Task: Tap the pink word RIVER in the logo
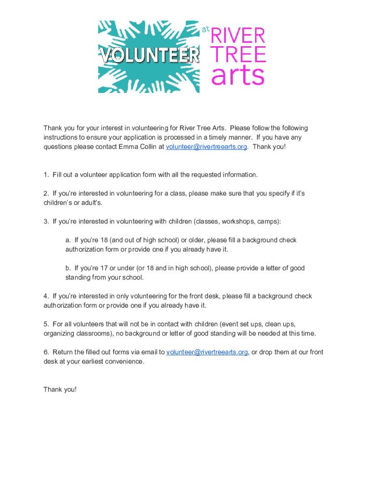click(x=238, y=36)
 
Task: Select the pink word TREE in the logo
click(x=238, y=55)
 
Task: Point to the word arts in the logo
click(x=238, y=76)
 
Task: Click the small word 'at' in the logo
click(x=206, y=30)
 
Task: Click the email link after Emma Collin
click(x=206, y=146)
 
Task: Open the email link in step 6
click(x=207, y=352)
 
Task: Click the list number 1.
click(x=46, y=174)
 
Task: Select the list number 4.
click(x=46, y=296)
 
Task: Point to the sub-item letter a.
click(x=68, y=240)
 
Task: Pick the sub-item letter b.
click(x=68, y=268)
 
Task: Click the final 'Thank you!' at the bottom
click(x=60, y=389)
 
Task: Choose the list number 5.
click(x=46, y=324)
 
